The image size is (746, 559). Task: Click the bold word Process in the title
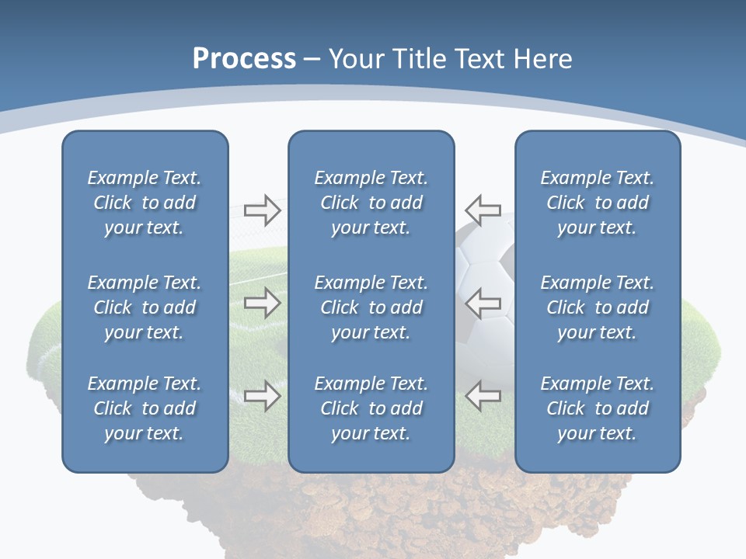(x=244, y=58)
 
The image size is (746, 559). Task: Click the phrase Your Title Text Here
(x=450, y=59)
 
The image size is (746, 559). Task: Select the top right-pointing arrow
(x=263, y=210)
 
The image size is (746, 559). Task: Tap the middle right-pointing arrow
(x=263, y=302)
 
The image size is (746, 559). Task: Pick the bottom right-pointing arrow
(x=263, y=396)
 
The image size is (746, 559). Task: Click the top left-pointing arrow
(x=483, y=210)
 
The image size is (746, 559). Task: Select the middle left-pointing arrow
(x=483, y=302)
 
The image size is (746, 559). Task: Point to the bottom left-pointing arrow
(x=483, y=396)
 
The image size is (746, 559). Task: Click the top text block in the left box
(x=145, y=203)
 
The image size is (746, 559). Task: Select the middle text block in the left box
(x=145, y=307)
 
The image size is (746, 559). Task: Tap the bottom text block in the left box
(x=145, y=408)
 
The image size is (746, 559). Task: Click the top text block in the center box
(x=371, y=203)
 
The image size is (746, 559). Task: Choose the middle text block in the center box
(x=371, y=307)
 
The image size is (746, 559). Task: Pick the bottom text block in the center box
(x=371, y=408)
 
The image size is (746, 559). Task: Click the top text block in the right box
(x=597, y=203)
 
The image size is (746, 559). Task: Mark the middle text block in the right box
(x=597, y=307)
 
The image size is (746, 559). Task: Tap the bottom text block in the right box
(x=597, y=408)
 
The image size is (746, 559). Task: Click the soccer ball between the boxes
(x=483, y=256)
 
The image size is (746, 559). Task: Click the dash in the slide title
(x=312, y=60)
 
